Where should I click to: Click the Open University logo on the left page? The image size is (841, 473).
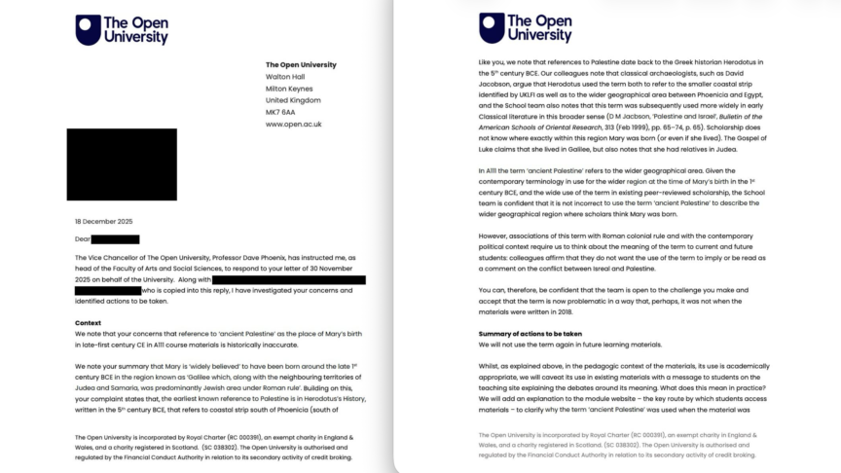click(122, 29)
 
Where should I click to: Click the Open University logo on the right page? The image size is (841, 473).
click(525, 27)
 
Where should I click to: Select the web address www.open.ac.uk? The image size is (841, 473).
click(293, 125)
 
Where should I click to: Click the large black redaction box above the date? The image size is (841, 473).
click(122, 164)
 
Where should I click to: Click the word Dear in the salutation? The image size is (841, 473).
click(83, 238)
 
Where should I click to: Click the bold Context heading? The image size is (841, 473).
click(90, 322)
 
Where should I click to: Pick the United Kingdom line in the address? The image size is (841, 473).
click(292, 100)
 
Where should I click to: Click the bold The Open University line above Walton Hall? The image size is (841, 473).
click(301, 64)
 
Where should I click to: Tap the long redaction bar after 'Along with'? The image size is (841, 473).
click(288, 279)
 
